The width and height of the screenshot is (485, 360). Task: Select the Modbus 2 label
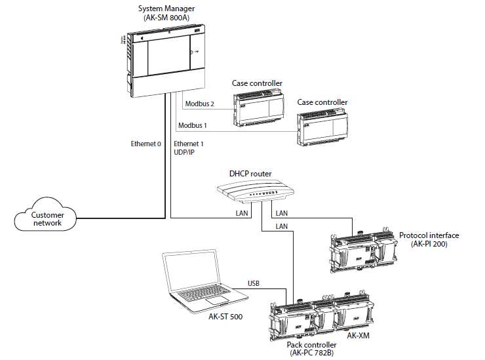(x=200, y=104)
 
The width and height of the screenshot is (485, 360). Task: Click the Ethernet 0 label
(x=146, y=144)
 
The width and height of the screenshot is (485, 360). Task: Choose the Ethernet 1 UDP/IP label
(x=189, y=148)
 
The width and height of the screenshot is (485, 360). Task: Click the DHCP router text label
(x=250, y=174)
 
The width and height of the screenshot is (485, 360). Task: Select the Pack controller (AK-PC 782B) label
(x=311, y=349)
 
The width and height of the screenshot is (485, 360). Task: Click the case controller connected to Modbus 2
(x=258, y=107)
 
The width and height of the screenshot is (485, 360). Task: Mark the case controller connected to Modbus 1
(x=323, y=127)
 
